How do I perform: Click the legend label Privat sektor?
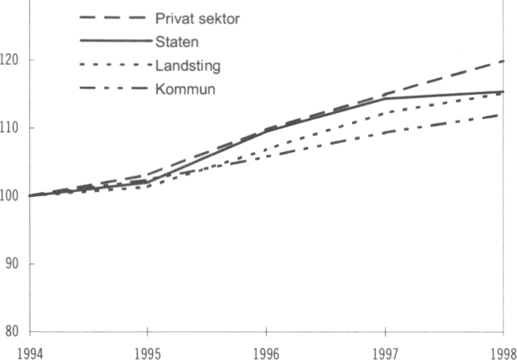[197, 19]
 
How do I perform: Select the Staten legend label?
[176, 42]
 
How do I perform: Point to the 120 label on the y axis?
[11, 59]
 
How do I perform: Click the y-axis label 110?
[11, 127]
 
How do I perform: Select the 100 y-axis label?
[11, 196]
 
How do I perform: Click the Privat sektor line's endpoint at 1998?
[503, 61]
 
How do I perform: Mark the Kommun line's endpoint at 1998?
[503, 114]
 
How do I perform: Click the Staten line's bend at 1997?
[386, 98]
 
